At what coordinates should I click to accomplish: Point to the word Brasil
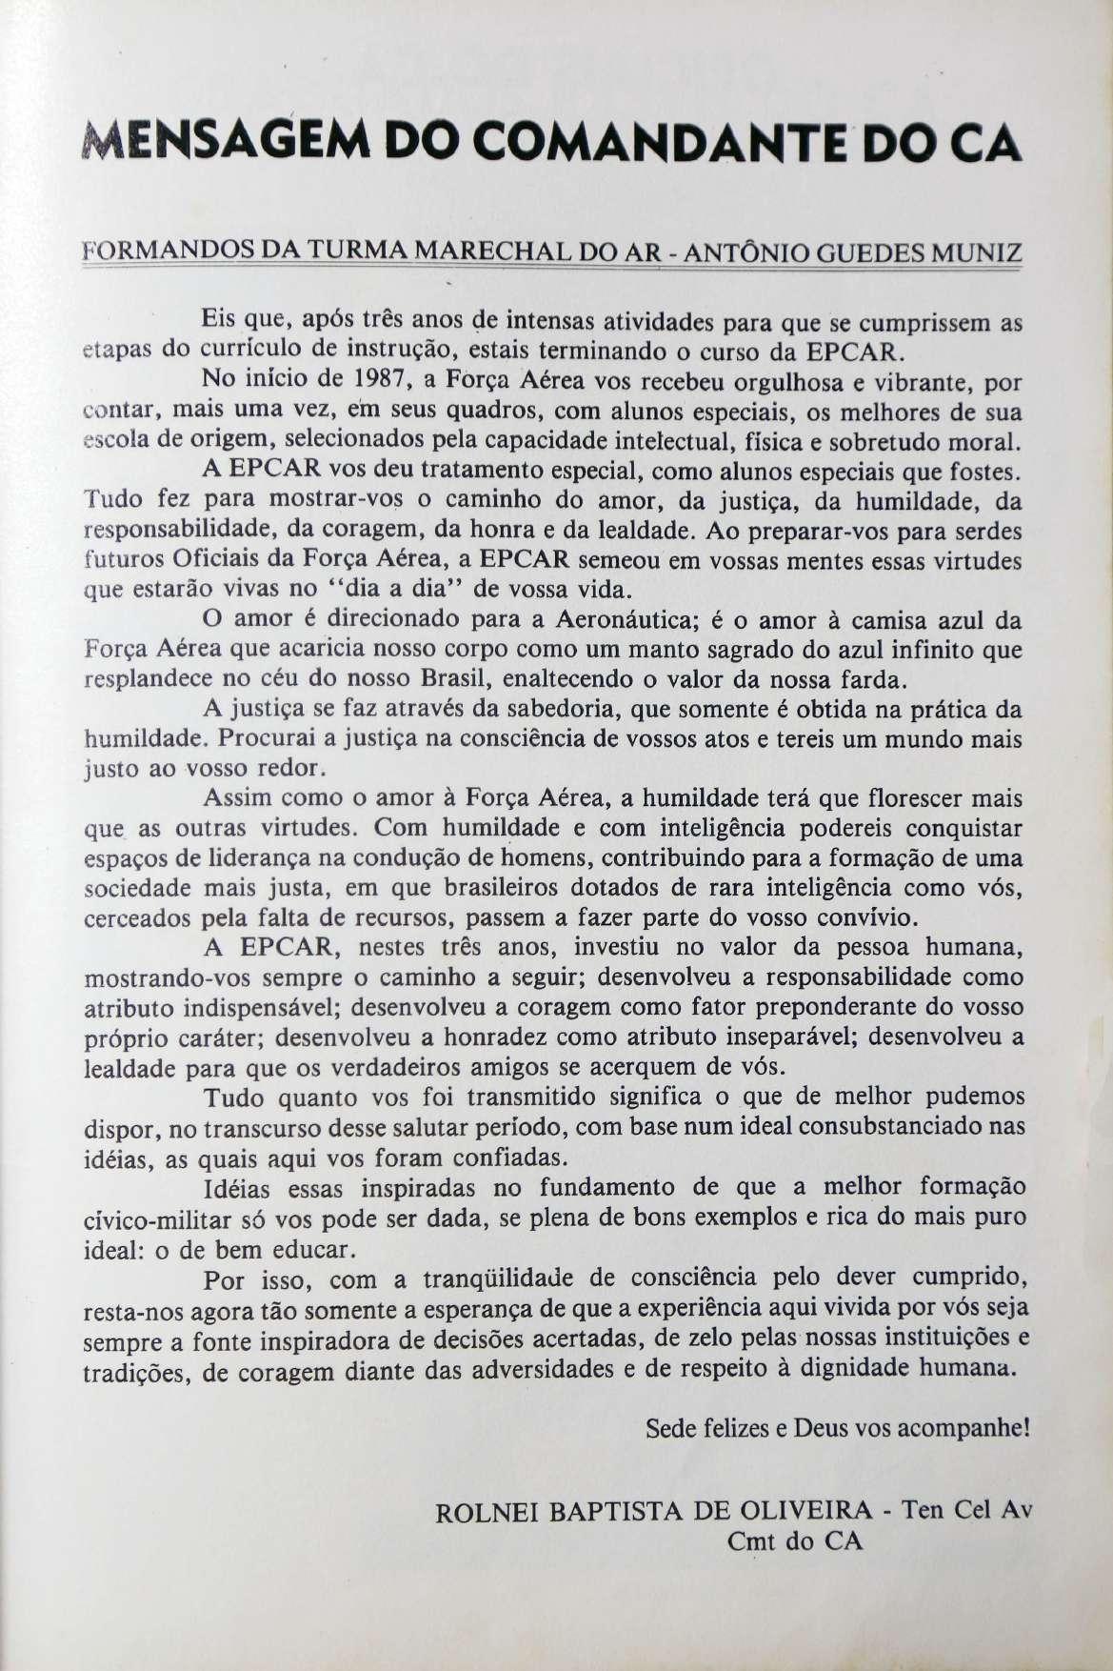pyautogui.click(x=487, y=680)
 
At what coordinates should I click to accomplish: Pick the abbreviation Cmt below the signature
pyautogui.click(x=751, y=1540)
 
